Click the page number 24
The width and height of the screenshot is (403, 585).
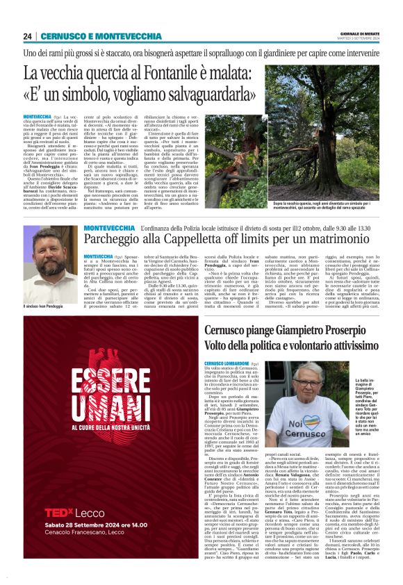pos(28,36)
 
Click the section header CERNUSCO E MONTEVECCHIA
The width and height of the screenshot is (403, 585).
pos(101,36)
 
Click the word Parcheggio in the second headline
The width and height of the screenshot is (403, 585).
pos(118,242)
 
